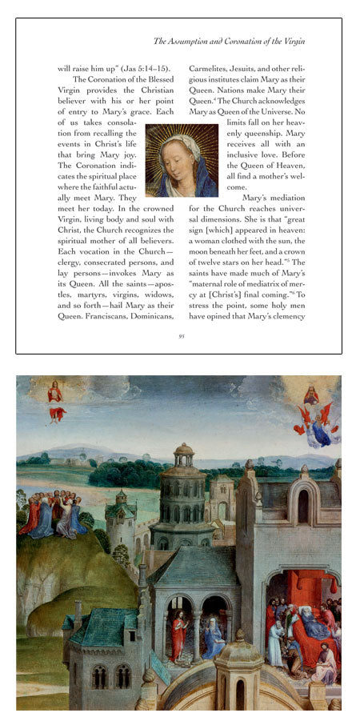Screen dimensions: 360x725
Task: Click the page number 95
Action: (182, 336)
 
